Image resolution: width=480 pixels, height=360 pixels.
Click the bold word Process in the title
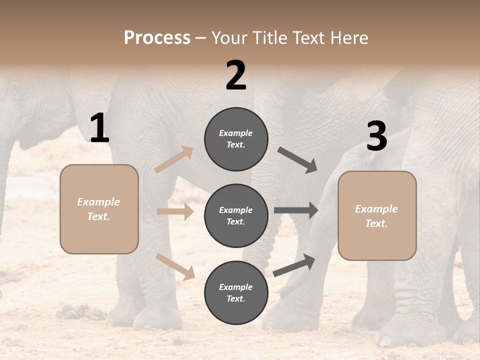tap(157, 38)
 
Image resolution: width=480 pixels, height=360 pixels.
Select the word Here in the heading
tap(349, 38)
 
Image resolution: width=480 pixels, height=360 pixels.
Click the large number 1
tap(99, 128)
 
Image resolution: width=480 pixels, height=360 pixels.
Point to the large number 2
tap(236, 75)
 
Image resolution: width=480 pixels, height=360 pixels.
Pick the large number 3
tap(376, 136)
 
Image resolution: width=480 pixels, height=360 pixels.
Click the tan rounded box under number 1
tap(99, 209)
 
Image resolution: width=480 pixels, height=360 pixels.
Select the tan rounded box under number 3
tap(377, 215)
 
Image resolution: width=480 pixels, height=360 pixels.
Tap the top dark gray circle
tap(236, 139)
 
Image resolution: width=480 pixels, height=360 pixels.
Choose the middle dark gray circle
tap(236, 215)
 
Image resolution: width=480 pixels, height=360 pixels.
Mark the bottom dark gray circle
tap(236, 292)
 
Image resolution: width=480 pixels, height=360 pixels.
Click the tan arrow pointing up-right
tap(174, 159)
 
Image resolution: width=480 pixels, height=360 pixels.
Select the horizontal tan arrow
tap(175, 211)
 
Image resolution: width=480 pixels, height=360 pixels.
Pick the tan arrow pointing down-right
tap(175, 266)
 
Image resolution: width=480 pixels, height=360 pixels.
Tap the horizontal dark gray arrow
tap(296, 210)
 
